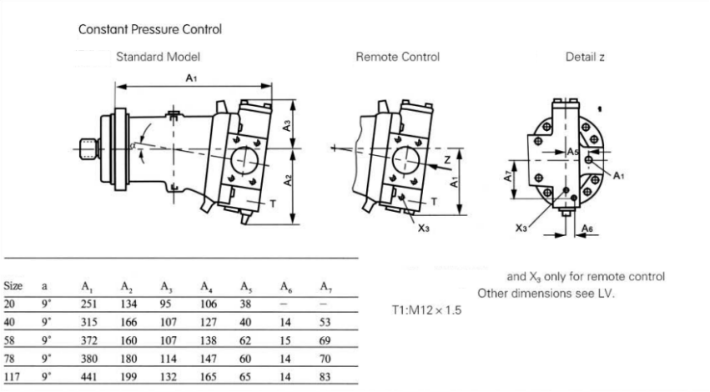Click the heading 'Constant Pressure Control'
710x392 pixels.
click(x=150, y=29)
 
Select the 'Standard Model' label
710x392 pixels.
click(x=158, y=58)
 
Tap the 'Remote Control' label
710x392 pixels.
click(x=397, y=58)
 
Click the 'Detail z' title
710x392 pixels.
click(x=585, y=58)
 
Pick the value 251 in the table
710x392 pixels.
click(x=89, y=304)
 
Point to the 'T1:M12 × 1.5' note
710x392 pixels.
click(x=426, y=310)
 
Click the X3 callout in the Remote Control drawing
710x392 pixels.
click(x=424, y=228)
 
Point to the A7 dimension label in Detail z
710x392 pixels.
click(x=509, y=177)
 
